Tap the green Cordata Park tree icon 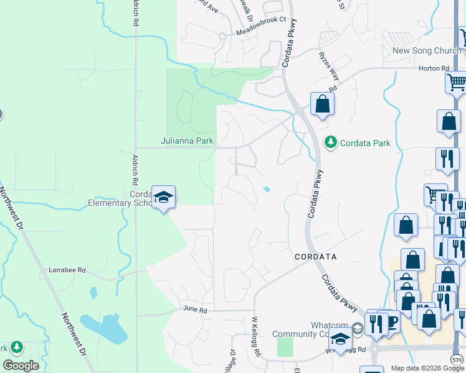[330, 143]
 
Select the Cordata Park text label [364, 143]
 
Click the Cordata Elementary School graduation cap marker [163, 198]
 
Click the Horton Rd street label [434, 68]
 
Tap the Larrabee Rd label [67, 270]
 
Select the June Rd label [194, 308]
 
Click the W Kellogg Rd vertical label [255, 336]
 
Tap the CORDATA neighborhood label [315, 256]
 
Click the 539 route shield [457, 360]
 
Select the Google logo [21, 366]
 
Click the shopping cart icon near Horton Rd [457, 81]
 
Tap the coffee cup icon [392, 321]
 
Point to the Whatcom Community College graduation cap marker [340, 339]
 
